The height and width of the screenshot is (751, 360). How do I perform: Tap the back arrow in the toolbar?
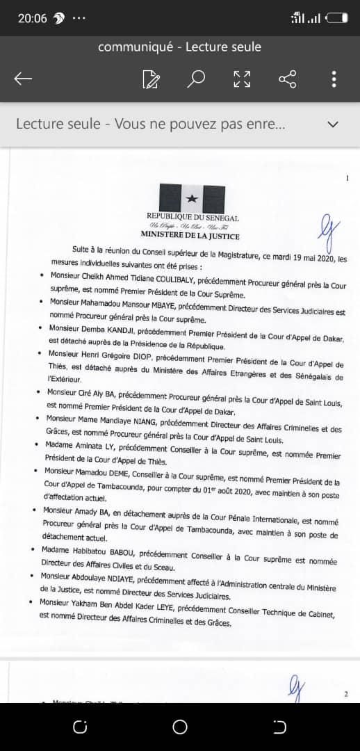(x=23, y=79)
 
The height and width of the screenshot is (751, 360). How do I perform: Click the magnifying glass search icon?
(x=196, y=79)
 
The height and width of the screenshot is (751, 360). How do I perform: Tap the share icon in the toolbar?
(x=288, y=79)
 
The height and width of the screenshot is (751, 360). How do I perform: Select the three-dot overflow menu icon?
(x=334, y=79)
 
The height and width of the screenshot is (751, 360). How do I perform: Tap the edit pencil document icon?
(x=150, y=79)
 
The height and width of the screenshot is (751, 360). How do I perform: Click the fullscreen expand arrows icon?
(x=242, y=79)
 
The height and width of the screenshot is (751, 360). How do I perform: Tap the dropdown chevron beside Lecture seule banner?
(x=333, y=124)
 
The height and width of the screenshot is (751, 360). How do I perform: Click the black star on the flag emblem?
(x=192, y=200)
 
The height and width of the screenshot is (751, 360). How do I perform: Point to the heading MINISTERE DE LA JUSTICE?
(x=190, y=236)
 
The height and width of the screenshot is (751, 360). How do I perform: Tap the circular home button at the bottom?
(x=180, y=727)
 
